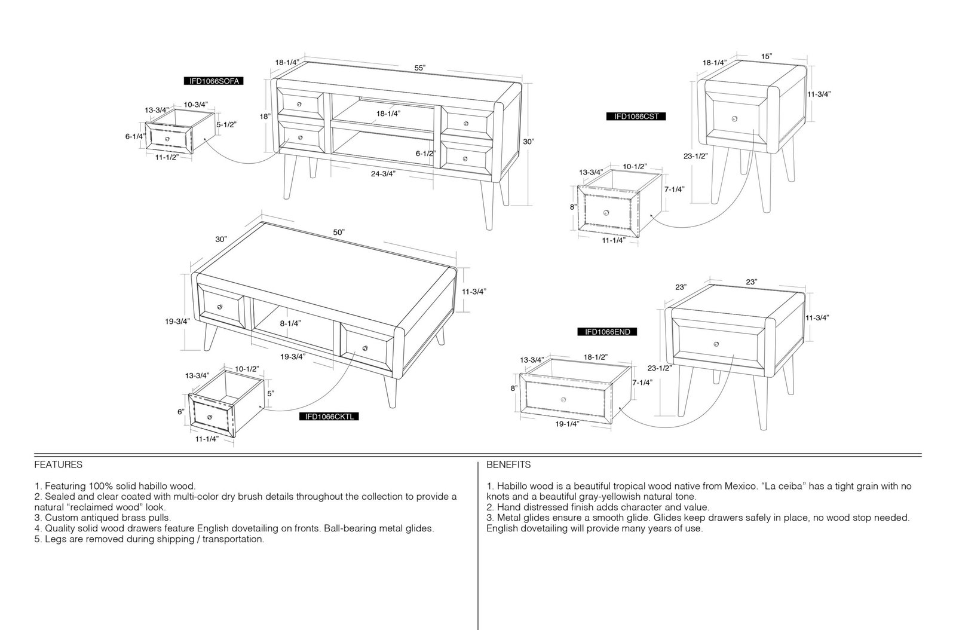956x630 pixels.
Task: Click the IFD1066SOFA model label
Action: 214,81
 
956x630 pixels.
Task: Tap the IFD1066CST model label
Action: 636,116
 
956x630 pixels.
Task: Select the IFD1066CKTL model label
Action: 329,417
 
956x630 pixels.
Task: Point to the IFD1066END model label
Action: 607,332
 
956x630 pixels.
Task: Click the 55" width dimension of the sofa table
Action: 420,68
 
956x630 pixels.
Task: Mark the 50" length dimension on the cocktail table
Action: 339,232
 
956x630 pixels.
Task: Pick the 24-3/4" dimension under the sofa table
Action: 383,174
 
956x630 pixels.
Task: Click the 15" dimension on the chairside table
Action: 767,56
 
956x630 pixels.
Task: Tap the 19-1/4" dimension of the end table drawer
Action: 567,424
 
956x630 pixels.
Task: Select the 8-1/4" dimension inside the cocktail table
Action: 290,323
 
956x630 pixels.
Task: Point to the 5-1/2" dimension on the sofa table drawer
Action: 226,125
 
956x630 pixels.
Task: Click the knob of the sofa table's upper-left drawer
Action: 299,104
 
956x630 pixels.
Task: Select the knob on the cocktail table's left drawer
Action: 220,307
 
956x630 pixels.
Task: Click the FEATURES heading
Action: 59,465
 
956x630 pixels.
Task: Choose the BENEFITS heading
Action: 508,465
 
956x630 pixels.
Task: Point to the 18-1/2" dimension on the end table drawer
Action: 595,357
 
